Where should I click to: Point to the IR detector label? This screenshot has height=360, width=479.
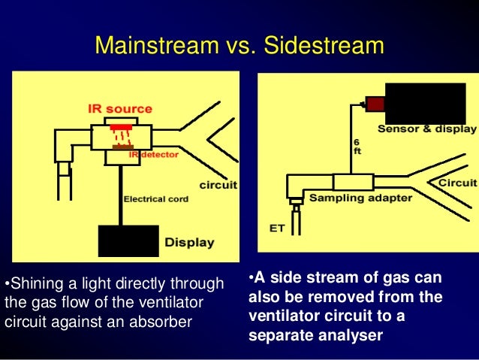tap(153, 154)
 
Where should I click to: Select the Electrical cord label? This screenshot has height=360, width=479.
tap(156, 199)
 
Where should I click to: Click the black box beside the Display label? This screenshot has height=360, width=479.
tap(128, 241)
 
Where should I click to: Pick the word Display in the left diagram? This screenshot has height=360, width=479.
tap(189, 243)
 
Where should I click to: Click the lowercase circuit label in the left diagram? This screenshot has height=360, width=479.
tap(218, 185)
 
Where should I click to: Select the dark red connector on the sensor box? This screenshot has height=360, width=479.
tap(373, 104)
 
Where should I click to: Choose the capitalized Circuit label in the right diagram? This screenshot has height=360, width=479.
tap(457, 183)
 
